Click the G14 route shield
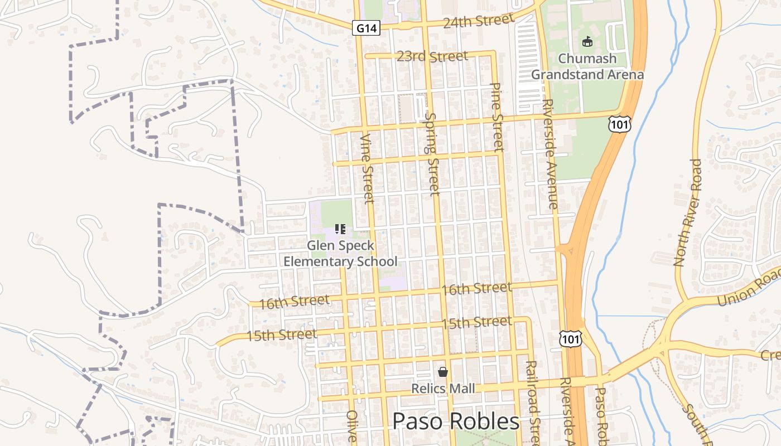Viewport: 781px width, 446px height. coord(367,28)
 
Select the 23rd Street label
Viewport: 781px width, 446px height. coord(432,56)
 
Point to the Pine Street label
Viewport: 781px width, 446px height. coord(497,117)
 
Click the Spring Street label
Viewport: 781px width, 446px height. coord(432,153)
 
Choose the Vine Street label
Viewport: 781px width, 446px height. coord(367,168)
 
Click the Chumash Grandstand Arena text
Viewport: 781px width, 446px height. coord(587,66)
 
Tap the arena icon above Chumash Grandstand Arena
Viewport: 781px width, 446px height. coord(587,41)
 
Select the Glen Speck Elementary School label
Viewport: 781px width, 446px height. coord(340,254)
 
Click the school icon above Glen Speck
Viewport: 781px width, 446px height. coord(340,229)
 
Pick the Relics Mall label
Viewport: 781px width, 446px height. coord(443,388)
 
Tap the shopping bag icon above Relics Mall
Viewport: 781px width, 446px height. coord(443,371)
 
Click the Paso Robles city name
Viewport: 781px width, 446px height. coord(456,421)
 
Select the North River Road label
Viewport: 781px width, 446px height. coord(687,212)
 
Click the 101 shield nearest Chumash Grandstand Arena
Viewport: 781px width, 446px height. coord(620,124)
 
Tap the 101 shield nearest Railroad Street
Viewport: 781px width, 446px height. coord(570,338)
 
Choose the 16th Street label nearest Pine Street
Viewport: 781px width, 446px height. coord(476,289)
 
